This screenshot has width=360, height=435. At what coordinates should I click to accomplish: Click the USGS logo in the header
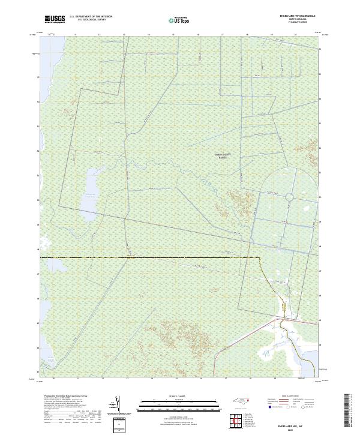pyautogui.click(x=55, y=19)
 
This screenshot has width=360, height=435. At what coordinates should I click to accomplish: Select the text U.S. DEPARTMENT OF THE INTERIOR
pyautogui.click(x=91, y=17)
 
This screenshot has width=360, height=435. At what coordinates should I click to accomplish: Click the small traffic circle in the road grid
pyautogui.click(x=289, y=197)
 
